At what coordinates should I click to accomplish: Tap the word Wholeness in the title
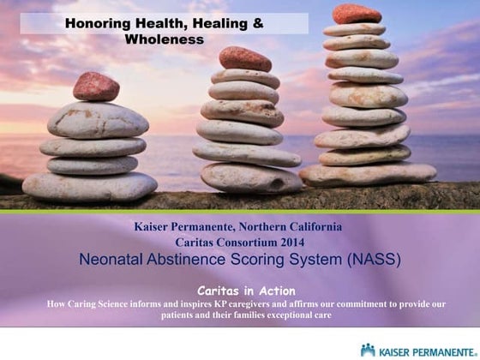pos(165,39)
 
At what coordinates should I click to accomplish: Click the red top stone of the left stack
pos(95,87)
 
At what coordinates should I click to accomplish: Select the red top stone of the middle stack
pos(244,58)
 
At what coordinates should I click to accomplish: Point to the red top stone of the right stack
pos(356,14)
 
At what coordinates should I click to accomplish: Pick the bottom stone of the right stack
pos(368,174)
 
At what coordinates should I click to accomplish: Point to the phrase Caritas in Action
pos(240,291)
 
